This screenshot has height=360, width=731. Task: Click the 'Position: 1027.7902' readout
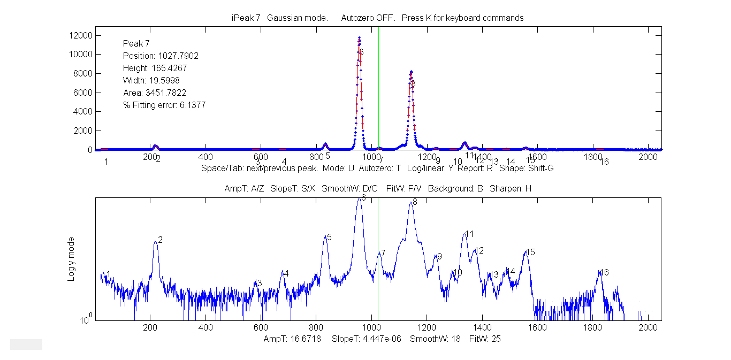point(153,56)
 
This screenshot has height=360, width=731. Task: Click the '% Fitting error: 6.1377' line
point(164,105)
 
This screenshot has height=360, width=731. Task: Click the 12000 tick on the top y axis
point(79,35)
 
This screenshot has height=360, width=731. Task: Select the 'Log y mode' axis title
point(71,259)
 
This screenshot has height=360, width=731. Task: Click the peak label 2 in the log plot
point(160,240)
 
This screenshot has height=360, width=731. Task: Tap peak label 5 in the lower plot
point(329,237)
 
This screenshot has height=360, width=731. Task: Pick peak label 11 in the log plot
point(470,234)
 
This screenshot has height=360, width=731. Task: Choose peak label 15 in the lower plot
point(530,252)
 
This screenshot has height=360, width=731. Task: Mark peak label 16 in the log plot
point(604,272)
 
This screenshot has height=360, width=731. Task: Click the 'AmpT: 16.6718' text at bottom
point(292,339)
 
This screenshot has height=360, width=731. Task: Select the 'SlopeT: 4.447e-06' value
point(367,339)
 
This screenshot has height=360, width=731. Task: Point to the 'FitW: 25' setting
point(485,339)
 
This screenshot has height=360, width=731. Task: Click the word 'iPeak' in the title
point(240,18)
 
